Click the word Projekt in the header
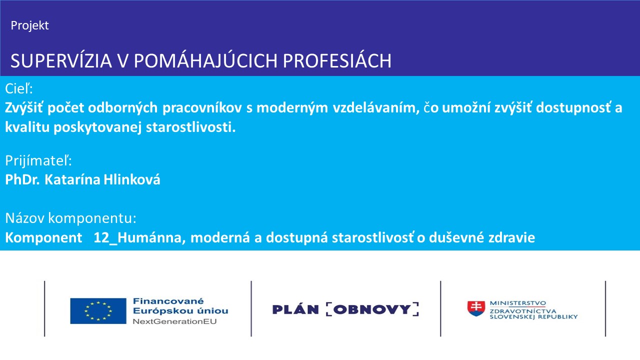29,25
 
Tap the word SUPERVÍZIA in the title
61,61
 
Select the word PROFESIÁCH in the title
337,61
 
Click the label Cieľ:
19,89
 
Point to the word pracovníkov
202,108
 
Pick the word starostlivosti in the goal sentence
190,127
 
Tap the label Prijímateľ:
38,161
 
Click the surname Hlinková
131,179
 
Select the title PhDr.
22,179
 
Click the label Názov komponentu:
70,218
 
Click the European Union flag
98,311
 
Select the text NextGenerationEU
174,321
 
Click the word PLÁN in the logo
295,309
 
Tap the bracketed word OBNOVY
372,309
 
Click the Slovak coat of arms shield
476,308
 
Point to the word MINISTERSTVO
517,303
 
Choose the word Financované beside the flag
168,301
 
